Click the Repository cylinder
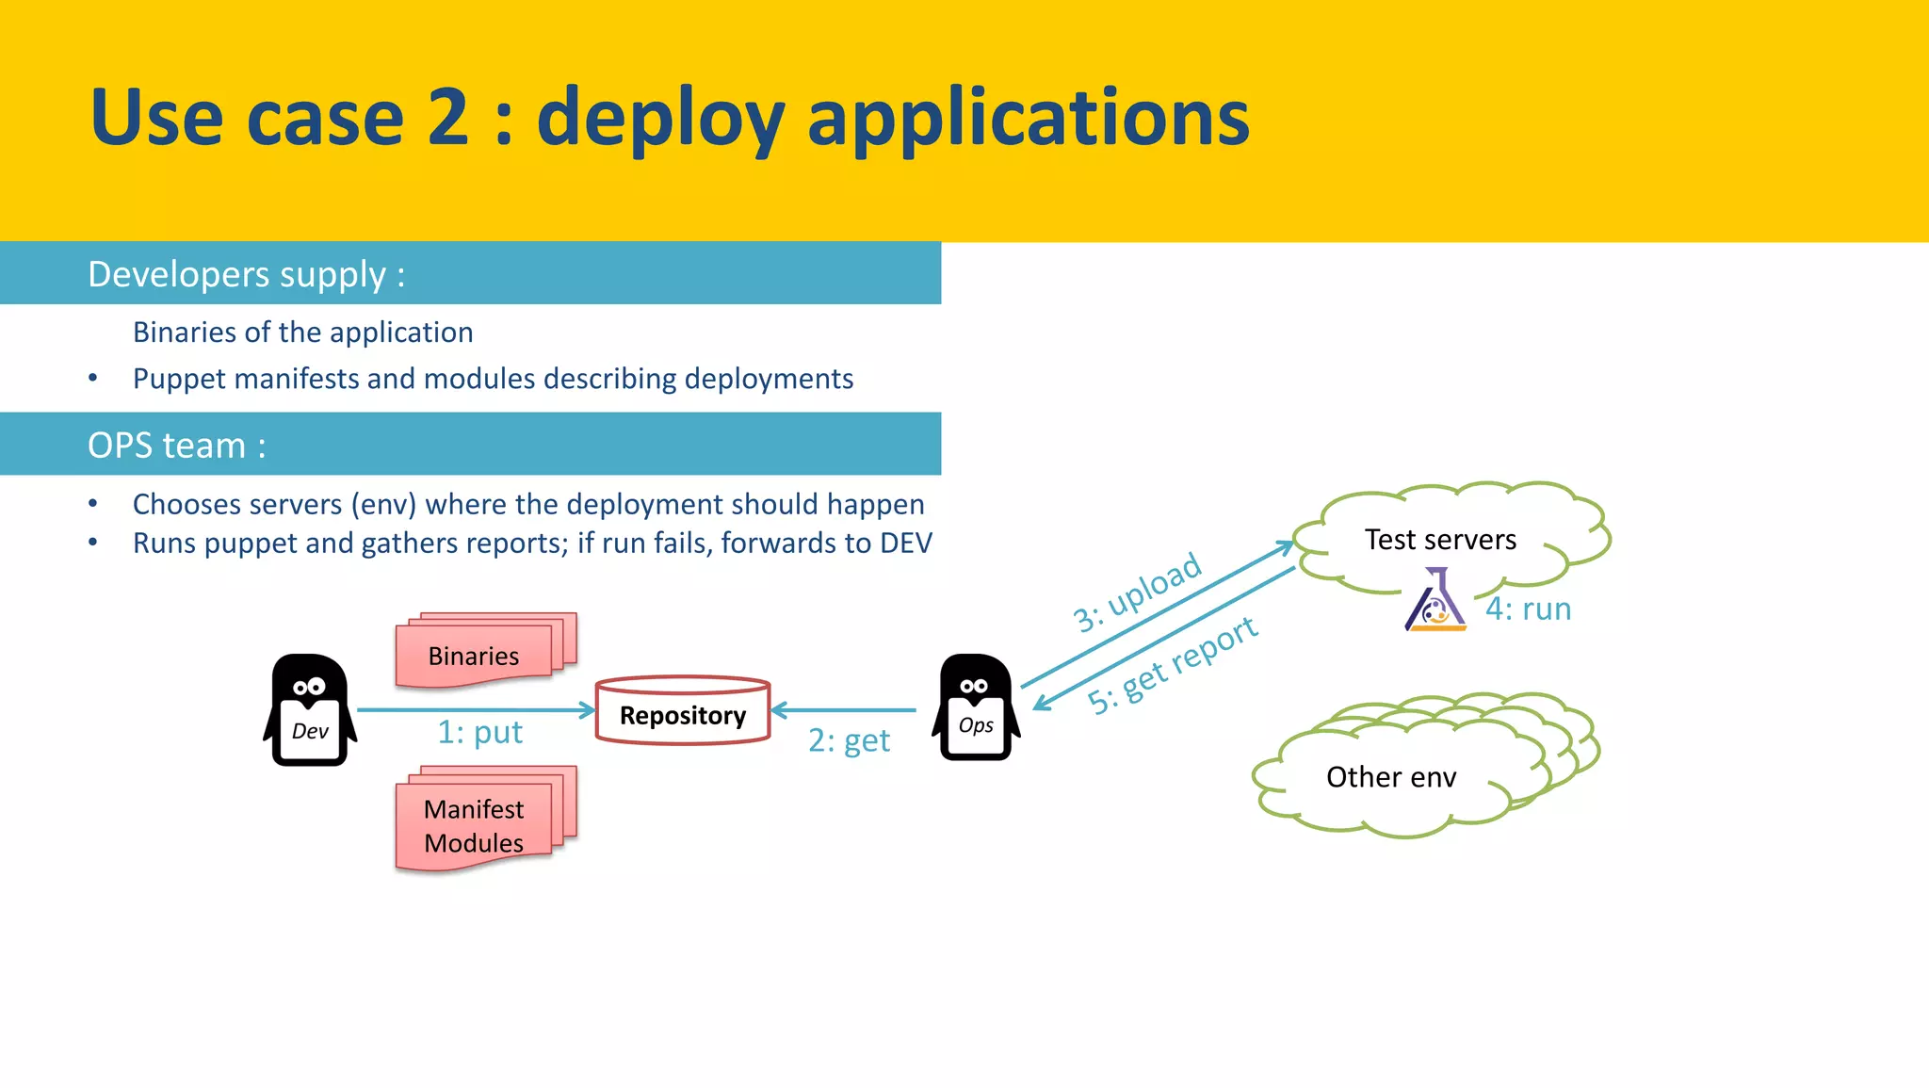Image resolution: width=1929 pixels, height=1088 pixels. click(683, 711)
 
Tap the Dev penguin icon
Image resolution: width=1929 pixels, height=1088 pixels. click(310, 710)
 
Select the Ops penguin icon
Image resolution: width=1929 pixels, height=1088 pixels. click(976, 707)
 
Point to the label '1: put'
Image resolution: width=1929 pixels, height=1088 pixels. click(479, 732)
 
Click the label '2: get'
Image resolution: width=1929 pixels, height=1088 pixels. click(848, 740)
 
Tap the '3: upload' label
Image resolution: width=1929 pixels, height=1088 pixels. click(1137, 593)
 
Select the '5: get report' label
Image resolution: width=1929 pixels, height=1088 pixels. click(1172, 665)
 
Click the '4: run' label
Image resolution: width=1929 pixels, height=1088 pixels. click(1528, 609)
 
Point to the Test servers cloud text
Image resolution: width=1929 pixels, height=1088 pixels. click(1440, 540)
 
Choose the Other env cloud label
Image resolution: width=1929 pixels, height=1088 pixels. click(1390, 777)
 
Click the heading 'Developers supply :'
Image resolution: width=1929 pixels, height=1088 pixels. click(246, 274)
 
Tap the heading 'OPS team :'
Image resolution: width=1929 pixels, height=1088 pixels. click(176, 445)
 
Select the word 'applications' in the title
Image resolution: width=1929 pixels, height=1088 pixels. click(1028, 118)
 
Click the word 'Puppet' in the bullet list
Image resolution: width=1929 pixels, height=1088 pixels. click(179, 379)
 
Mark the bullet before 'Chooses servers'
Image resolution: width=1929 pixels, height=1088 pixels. click(92, 504)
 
